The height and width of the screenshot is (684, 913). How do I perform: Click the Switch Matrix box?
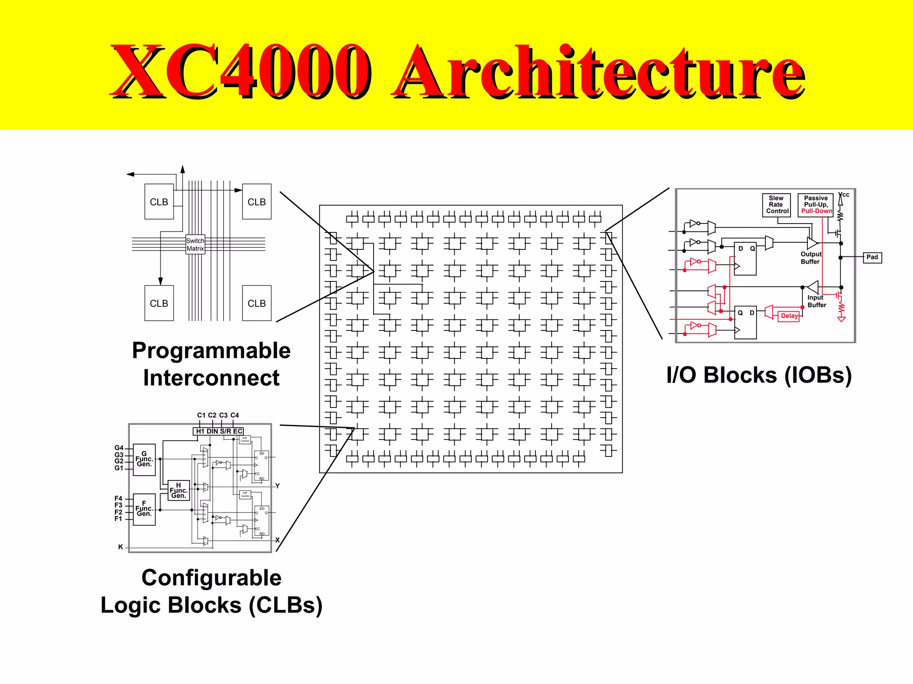(195, 244)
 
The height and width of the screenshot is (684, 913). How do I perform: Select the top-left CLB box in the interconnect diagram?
(159, 202)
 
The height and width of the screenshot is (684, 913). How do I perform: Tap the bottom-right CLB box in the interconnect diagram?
(257, 303)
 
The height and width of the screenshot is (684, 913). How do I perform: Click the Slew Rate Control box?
(776, 205)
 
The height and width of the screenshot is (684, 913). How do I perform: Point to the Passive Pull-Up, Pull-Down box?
(816, 205)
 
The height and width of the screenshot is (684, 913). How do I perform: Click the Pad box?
(872, 257)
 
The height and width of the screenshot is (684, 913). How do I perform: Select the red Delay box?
(789, 316)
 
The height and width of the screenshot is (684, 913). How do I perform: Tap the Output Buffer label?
(810, 258)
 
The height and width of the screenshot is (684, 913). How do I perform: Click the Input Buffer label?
(817, 301)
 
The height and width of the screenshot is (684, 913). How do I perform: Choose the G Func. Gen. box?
(144, 460)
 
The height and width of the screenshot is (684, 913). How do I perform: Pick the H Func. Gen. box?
(179, 490)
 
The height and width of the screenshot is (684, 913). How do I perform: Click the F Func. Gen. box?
(144, 509)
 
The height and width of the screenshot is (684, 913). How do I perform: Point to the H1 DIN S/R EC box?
(218, 431)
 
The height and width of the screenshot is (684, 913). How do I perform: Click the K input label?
(120, 547)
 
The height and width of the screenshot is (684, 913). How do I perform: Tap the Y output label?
(277, 486)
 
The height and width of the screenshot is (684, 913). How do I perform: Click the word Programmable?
(211, 351)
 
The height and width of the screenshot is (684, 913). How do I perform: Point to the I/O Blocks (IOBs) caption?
(759, 375)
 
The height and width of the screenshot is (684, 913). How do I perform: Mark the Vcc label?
(844, 195)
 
